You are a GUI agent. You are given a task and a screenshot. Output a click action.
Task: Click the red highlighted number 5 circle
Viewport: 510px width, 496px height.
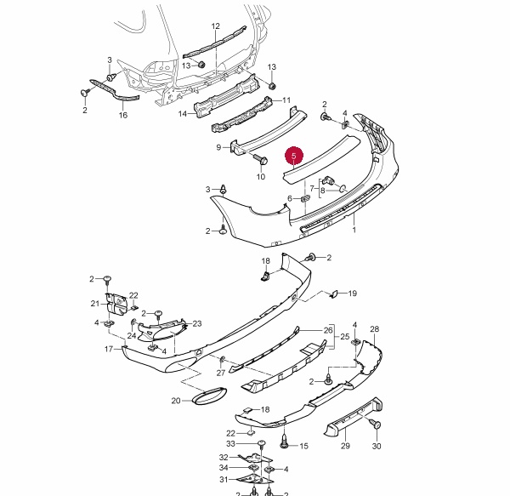[x=294, y=157]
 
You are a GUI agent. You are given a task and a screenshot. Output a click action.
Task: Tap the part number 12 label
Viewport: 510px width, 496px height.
[x=215, y=26]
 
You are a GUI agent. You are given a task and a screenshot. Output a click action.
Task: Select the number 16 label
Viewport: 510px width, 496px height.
[x=123, y=115]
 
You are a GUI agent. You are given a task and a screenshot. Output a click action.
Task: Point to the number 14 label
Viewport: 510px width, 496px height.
[x=183, y=113]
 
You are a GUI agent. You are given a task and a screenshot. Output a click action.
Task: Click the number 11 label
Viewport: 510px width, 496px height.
[x=286, y=100]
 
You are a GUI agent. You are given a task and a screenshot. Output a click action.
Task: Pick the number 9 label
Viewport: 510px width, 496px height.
[x=218, y=147]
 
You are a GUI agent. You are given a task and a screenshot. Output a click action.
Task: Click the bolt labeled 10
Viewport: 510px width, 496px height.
[x=261, y=159]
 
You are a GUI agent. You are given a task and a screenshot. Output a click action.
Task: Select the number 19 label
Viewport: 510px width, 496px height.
[x=353, y=294]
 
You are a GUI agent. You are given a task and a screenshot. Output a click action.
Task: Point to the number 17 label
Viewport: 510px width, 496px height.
[x=109, y=349]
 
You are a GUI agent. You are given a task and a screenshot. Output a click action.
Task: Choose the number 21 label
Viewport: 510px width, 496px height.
[x=95, y=303]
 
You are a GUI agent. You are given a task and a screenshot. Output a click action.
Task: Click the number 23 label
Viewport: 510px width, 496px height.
[x=197, y=323]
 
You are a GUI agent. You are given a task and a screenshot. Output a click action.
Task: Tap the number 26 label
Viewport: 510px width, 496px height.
[x=328, y=330]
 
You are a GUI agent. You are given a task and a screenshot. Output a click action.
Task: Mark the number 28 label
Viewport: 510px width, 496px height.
[x=374, y=328]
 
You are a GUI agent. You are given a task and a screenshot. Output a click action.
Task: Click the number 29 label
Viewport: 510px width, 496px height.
[x=346, y=446]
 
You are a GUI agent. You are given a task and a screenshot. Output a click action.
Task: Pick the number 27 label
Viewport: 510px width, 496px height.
[x=220, y=372]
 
